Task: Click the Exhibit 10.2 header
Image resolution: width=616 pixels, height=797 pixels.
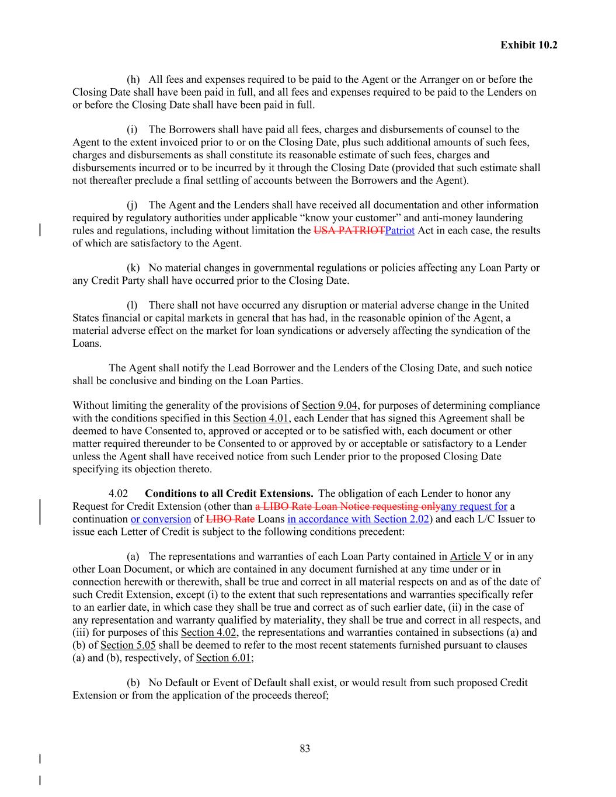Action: (x=528, y=45)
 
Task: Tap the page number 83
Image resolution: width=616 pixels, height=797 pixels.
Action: (x=305, y=749)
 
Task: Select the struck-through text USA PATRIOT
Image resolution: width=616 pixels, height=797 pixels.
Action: (x=349, y=231)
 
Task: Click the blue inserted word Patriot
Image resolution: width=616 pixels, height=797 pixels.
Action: (x=400, y=231)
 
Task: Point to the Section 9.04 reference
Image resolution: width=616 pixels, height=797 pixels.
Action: (x=329, y=406)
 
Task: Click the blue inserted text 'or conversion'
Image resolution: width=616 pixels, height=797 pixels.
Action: (x=161, y=519)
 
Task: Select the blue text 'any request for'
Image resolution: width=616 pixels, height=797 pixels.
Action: (x=474, y=506)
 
